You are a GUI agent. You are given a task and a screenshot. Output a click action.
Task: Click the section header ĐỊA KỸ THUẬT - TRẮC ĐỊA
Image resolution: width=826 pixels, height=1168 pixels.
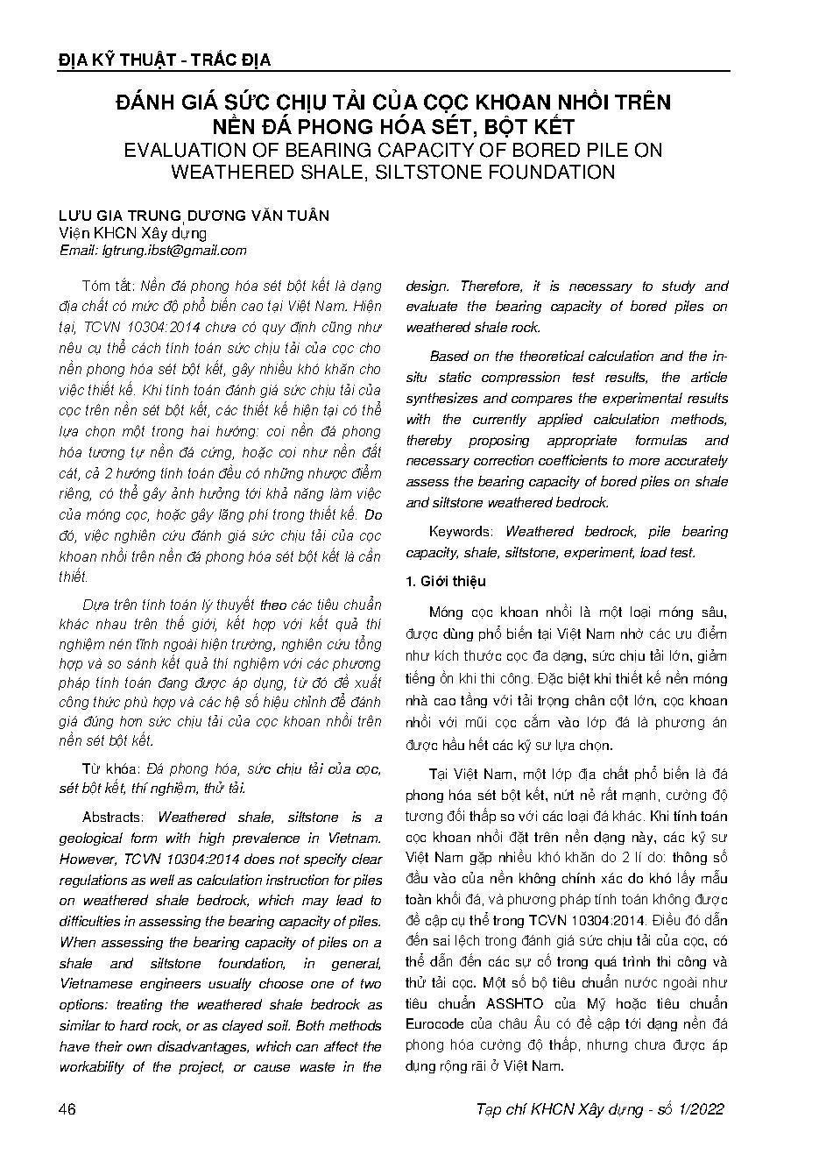click(164, 60)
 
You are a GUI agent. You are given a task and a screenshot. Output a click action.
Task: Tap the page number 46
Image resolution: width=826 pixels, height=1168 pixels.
click(67, 1109)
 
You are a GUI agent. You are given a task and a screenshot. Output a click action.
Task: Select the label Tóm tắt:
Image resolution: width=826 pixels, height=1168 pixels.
click(109, 287)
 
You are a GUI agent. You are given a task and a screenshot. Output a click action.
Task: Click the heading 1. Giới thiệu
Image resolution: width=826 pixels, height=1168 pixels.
click(445, 581)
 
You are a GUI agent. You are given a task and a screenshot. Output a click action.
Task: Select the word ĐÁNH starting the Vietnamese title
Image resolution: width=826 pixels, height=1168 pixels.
click(144, 103)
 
